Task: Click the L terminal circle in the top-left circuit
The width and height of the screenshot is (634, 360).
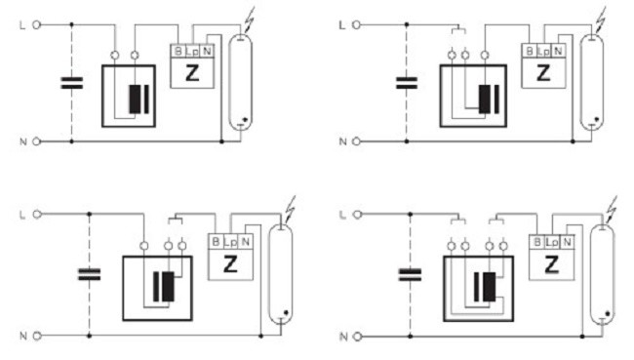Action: click(x=36, y=25)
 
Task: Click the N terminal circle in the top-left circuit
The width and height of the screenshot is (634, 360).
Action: click(x=36, y=141)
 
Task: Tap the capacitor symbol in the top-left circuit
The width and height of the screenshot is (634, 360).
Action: click(x=72, y=83)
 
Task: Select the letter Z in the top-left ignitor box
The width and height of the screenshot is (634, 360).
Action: click(x=192, y=73)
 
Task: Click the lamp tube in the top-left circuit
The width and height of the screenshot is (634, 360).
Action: click(x=240, y=83)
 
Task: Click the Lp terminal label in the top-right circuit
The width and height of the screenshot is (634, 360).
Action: click(x=544, y=52)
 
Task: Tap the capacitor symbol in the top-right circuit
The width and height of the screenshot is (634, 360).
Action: click(x=407, y=83)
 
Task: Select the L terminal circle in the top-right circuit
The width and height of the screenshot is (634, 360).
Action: click(x=356, y=25)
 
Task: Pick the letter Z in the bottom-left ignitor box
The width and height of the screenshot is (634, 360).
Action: click(x=230, y=265)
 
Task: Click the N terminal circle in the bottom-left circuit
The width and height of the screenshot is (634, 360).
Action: click(x=37, y=336)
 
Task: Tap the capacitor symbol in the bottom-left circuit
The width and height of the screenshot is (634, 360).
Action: click(x=89, y=275)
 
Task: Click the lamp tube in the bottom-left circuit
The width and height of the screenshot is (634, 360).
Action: click(x=280, y=275)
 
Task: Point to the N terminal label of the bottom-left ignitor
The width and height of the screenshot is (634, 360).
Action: click(x=245, y=242)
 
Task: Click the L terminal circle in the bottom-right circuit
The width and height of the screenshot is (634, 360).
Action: click(x=357, y=215)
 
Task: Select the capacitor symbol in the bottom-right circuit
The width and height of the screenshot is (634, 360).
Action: click(x=410, y=275)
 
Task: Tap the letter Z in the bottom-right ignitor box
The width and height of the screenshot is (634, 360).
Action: click(x=551, y=265)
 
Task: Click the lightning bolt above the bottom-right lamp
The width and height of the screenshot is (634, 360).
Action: click(x=612, y=209)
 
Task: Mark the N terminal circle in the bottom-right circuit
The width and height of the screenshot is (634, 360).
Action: click(x=357, y=337)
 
